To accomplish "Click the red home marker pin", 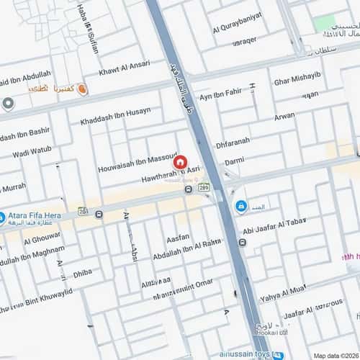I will [181, 162].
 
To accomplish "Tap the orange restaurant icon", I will [82, 89].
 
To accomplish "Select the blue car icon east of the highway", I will [240, 206].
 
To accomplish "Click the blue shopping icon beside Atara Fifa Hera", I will [2, 217].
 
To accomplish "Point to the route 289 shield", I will [204, 186].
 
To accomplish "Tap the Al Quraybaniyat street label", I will [238, 29].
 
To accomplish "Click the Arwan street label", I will [284, 115].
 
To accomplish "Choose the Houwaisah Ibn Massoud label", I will [138, 163].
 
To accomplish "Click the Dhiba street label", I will [83, 273].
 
